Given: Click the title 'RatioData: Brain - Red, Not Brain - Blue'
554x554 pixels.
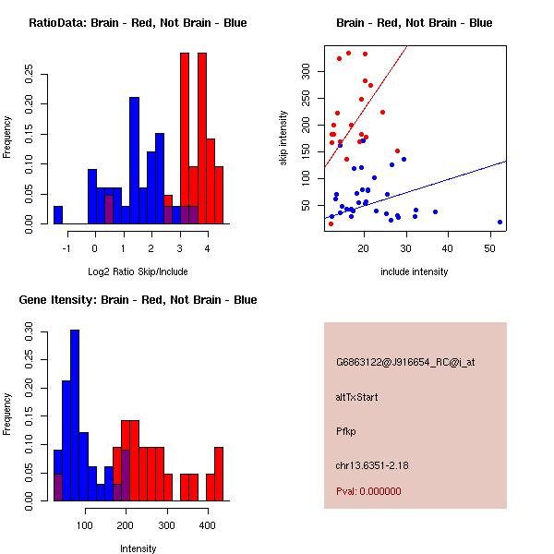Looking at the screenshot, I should point(138,23).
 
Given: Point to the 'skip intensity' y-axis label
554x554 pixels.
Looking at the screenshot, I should point(283,138).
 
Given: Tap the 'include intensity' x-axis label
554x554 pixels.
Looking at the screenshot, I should point(415,271).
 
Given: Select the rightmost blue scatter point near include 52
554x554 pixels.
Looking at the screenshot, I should point(500,222).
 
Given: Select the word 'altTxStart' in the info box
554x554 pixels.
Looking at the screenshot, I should point(357,397).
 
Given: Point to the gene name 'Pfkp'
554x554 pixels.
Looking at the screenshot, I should point(345,430).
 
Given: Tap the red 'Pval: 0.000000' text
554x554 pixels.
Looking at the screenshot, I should point(368,491).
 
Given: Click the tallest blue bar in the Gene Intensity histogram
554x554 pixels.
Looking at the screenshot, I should point(74,415).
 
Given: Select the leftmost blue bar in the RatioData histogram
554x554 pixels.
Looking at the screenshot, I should point(58,215).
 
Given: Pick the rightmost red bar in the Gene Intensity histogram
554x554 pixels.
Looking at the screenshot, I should point(219,474).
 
